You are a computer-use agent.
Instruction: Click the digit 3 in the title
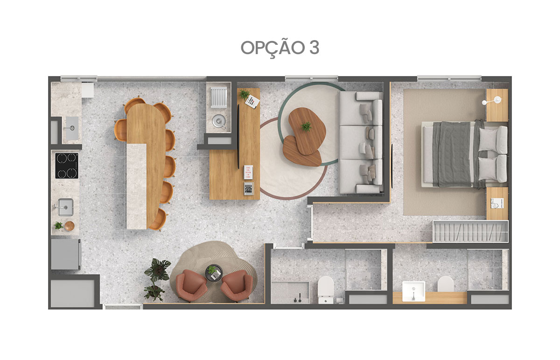point(314,48)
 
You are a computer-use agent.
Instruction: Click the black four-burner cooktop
point(66,166)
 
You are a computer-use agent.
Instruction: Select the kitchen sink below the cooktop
point(65,207)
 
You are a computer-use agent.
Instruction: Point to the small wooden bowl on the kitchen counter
point(69,226)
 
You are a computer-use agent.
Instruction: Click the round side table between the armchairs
point(214,273)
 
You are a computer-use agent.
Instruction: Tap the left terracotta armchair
point(191,285)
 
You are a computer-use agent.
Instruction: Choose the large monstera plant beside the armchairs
point(158,270)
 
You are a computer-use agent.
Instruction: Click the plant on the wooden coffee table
point(306,126)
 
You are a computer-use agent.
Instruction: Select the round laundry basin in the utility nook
point(219,121)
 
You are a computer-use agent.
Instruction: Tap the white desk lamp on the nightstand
point(492,101)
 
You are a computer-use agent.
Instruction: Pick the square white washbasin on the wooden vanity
point(413,291)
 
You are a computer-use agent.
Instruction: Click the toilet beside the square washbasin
point(446,284)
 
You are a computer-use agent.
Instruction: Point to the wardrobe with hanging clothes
point(470,231)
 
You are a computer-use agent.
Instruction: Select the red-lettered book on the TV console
point(248,172)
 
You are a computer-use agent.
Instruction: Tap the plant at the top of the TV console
point(244,94)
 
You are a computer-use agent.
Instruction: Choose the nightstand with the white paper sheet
point(497,203)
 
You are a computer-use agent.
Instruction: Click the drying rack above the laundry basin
point(219,97)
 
